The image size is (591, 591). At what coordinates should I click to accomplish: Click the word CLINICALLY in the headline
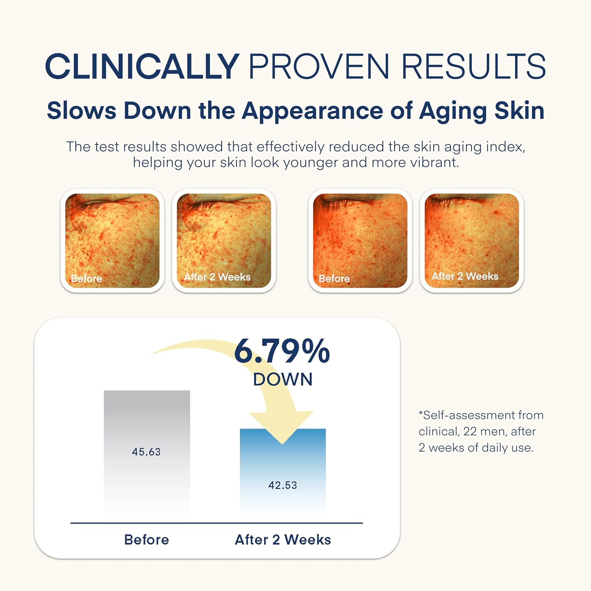(142, 66)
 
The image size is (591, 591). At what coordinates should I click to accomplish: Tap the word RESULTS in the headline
(474, 66)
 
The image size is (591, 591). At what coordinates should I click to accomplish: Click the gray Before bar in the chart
(147, 452)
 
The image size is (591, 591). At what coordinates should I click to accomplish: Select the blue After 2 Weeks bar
(283, 471)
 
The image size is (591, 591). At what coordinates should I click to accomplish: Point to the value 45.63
(146, 452)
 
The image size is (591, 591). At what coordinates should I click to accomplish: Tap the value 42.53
(282, 485)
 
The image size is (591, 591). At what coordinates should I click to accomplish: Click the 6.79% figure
(282, 351)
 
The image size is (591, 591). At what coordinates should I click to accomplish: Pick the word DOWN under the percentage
(283, 379)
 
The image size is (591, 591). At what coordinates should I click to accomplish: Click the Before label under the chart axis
(147, 539)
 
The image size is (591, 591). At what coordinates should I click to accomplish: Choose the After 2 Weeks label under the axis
(283, 539)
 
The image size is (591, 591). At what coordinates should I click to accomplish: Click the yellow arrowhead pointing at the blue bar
(282, 427)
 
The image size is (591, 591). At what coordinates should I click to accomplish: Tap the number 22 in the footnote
(470, 431)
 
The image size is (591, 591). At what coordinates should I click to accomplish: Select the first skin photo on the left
(112, 241)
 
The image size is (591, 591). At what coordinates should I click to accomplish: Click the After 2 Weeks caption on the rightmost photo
(465, 276)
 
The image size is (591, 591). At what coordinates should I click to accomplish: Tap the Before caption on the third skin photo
(334, 279)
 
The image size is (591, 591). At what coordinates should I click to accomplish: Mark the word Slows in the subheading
(82, 111)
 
